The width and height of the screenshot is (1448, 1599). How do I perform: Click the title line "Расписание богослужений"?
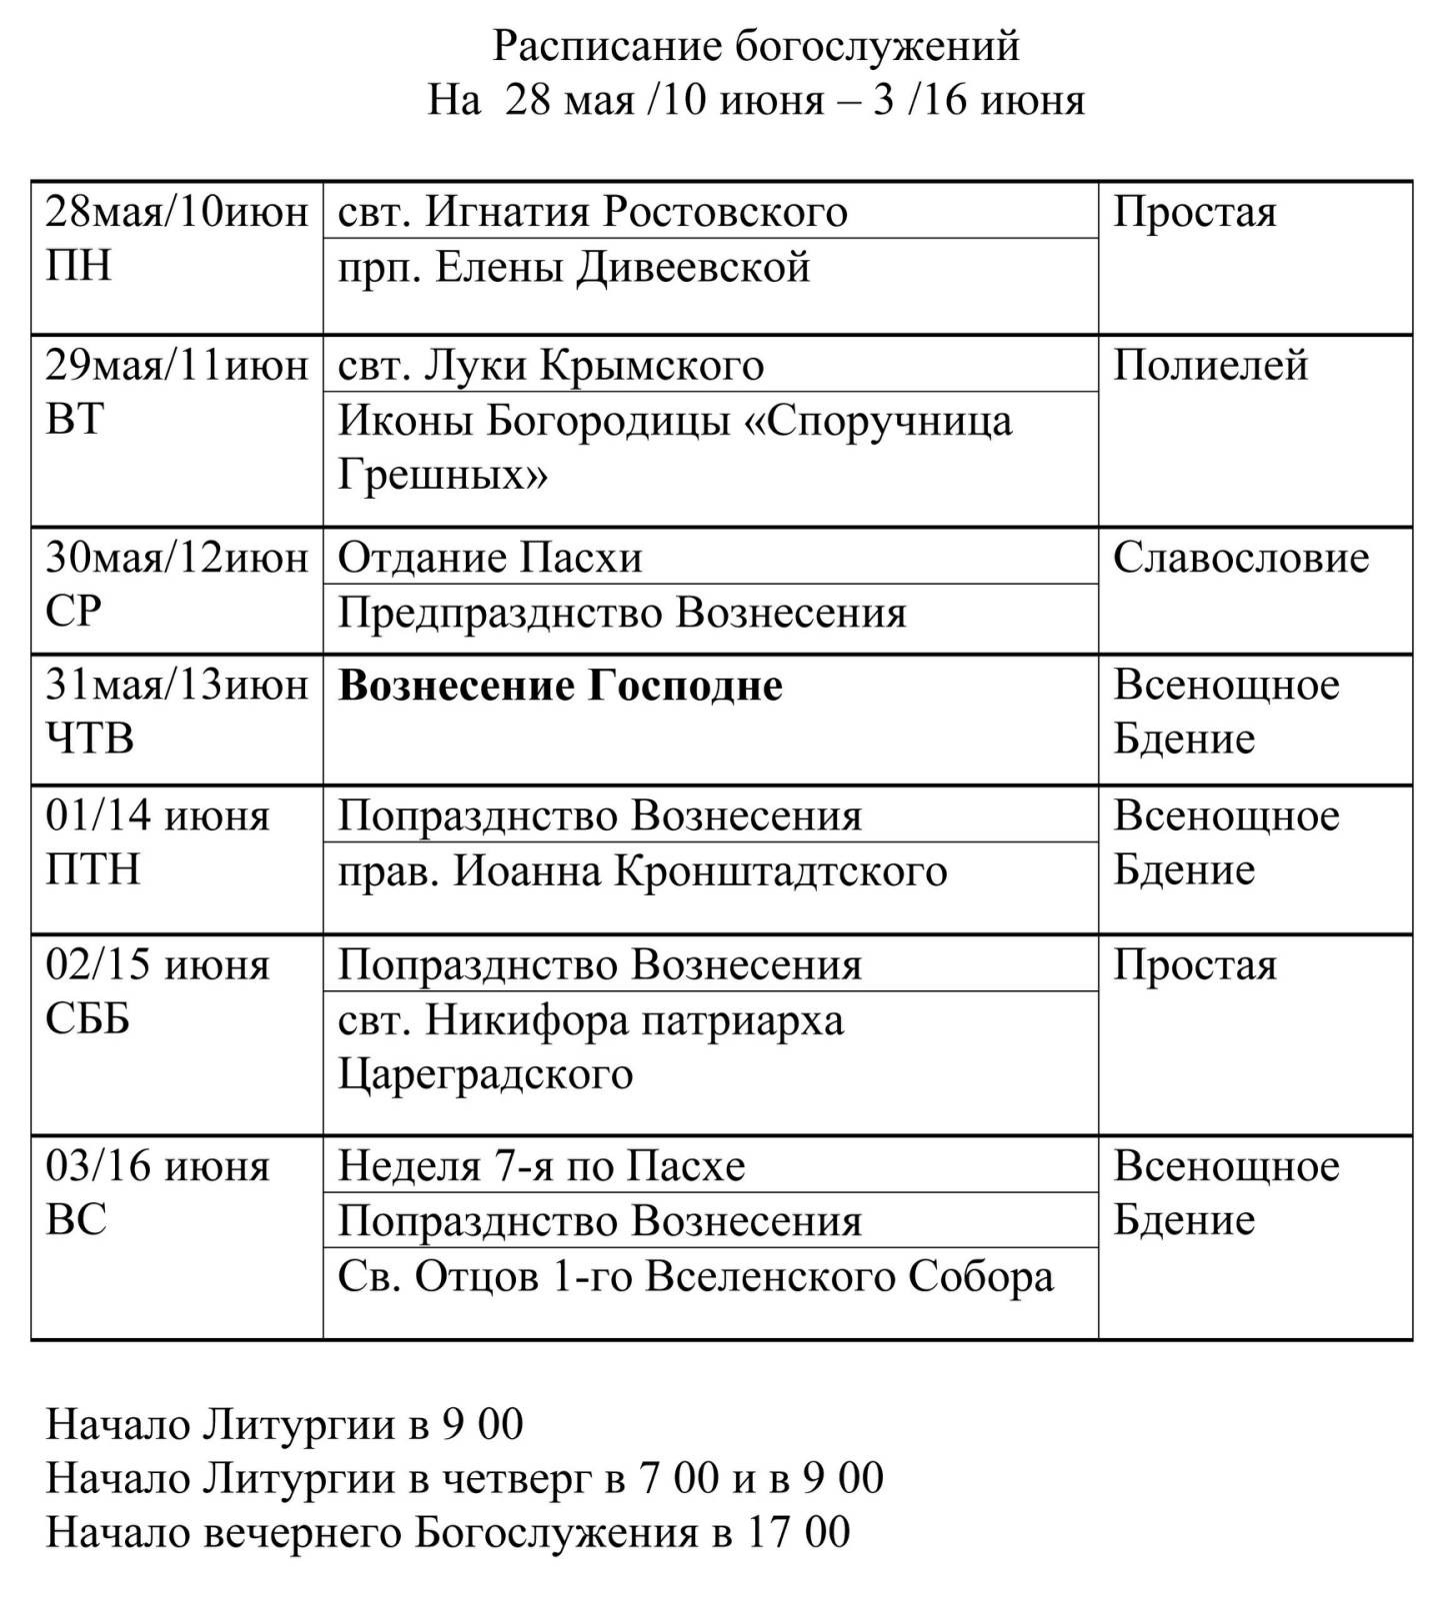756,46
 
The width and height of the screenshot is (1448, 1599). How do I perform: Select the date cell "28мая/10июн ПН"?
176,240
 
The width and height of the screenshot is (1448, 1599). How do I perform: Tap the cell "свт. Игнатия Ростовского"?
593,212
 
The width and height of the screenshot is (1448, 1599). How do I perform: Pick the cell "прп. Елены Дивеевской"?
574,268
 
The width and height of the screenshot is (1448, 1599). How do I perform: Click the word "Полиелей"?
1210,366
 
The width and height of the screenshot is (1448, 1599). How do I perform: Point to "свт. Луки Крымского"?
551,366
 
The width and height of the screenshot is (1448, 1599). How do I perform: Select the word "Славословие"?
1240,558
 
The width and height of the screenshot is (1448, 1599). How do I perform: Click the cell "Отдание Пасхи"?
490,558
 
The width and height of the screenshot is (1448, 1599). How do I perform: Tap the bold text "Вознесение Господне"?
560,687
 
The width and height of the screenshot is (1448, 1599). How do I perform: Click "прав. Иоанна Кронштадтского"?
642,871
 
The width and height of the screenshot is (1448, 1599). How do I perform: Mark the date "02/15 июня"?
158,966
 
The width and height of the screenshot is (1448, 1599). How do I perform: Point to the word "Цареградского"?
485,1075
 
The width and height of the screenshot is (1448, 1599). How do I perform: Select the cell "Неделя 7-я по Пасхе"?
541,1166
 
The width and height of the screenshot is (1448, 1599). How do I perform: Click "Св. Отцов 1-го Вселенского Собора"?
696,1277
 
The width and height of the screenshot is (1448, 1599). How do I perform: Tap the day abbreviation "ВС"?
76,1220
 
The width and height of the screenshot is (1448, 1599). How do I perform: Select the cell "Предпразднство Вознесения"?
622,613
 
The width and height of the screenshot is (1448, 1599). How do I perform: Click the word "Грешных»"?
442,476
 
